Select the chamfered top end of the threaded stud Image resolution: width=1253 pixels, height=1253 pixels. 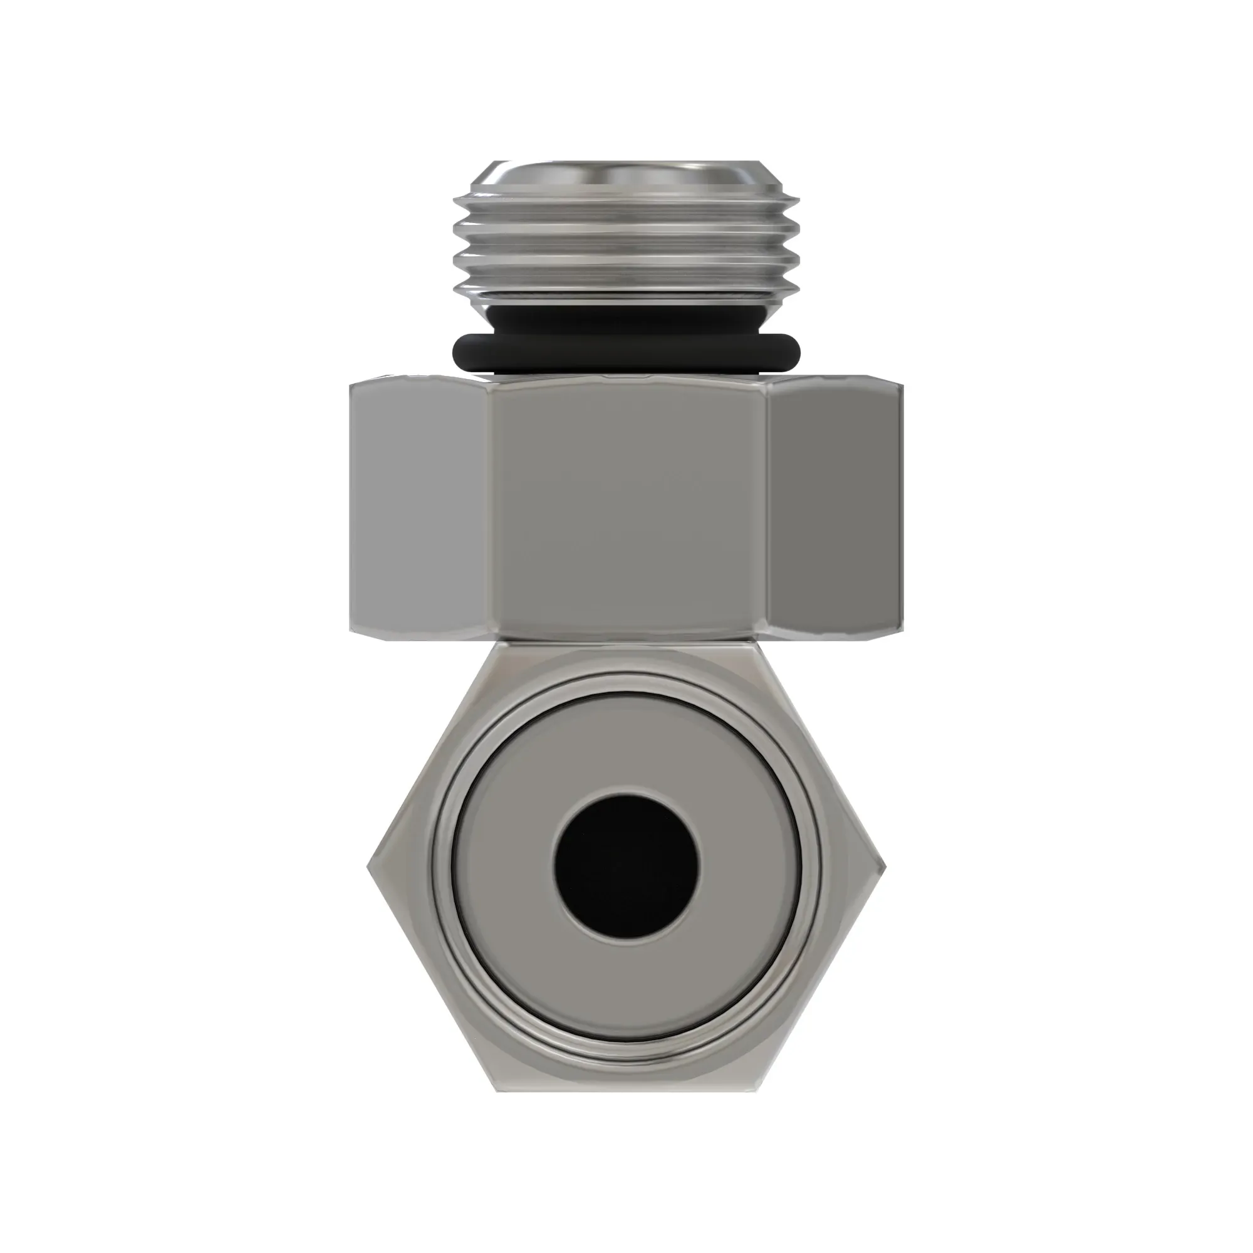(626, 177)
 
